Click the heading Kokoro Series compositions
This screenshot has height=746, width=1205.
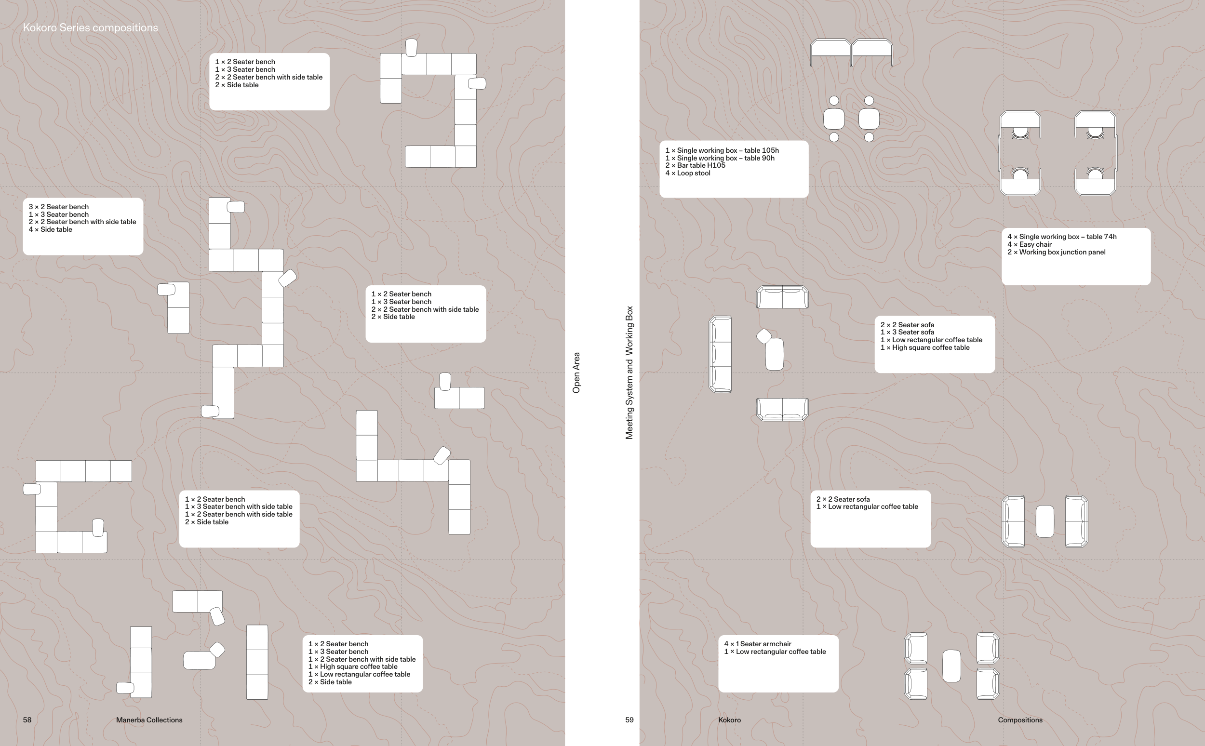90,27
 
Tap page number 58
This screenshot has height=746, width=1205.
27,720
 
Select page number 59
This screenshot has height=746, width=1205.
629,720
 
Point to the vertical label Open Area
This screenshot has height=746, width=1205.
576,373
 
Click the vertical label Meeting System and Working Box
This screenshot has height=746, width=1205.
629,373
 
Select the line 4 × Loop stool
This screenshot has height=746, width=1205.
688,173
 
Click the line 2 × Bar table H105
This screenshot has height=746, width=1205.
695,165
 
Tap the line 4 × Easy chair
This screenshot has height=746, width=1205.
1030,244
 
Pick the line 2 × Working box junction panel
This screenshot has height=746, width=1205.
1057,252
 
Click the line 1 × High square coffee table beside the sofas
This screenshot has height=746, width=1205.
925,347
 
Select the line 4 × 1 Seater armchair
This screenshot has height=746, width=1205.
757,644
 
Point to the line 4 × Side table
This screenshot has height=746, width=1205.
50,229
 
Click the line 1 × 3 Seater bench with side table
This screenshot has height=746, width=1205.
238,506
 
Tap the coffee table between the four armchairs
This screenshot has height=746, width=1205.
951,666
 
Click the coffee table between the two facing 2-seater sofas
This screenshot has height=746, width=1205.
1044,521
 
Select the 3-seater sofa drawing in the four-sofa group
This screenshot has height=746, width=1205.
720,354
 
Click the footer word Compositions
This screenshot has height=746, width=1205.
1020,720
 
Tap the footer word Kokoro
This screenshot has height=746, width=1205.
729,720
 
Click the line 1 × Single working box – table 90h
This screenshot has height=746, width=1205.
720,158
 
